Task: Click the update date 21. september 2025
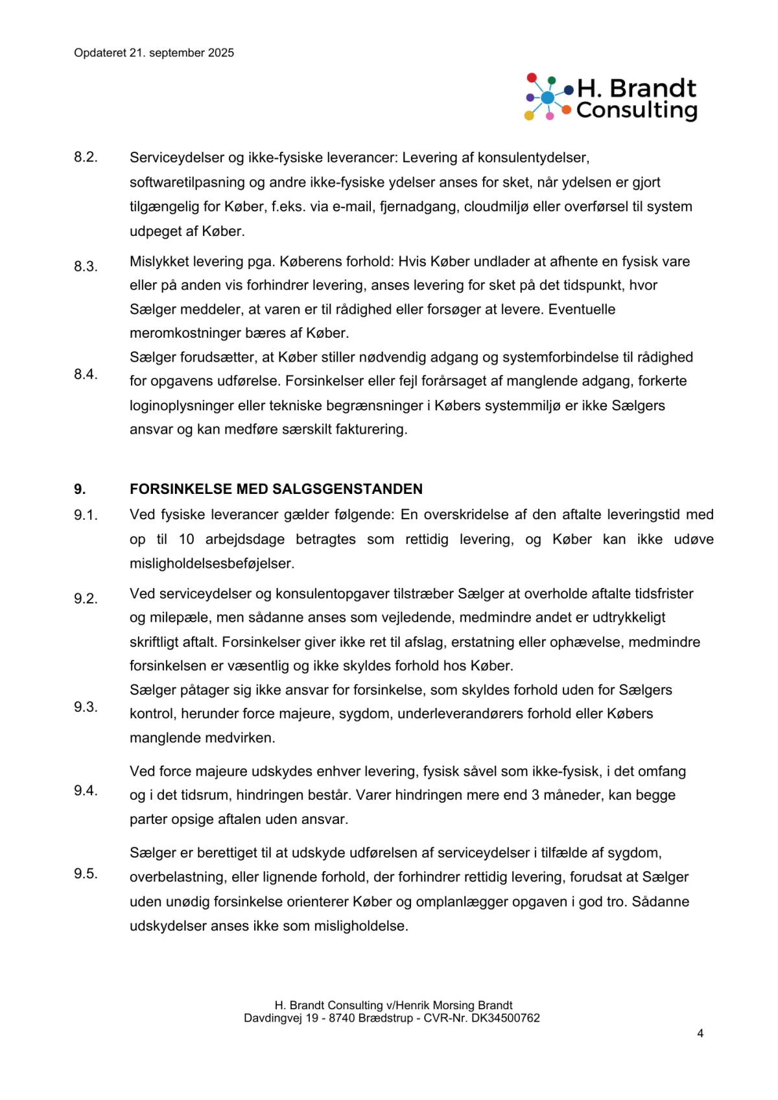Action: (182, 53)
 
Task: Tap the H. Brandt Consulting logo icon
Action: (548, 97)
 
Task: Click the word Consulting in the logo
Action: (637, 110)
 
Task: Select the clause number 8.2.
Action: (86, 158)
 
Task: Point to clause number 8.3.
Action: (86, 266)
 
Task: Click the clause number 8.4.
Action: (86, 374)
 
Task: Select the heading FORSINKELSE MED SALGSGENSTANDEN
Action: (276, 489)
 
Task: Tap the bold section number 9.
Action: (80, 489)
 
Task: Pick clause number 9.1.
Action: (86, 515)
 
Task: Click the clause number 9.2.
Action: (86, 598)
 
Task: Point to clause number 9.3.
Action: (86, 707)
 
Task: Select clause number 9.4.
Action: (86, 790)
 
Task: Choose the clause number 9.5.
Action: (86, 873)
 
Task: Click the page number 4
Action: (700, 1033)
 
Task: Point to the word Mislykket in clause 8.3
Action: (158, 261)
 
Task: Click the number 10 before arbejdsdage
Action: (186, 539)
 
